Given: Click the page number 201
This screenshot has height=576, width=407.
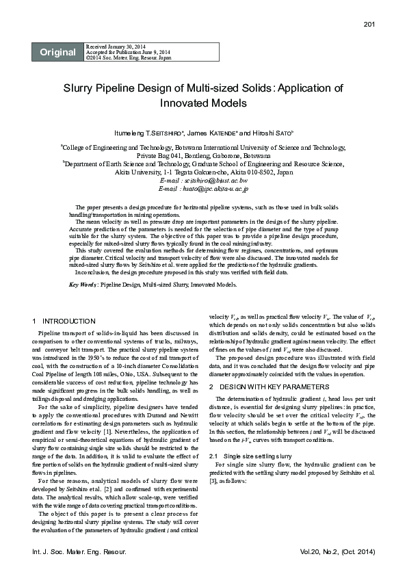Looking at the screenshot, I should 369,25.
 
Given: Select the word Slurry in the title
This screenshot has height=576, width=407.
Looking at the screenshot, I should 81,88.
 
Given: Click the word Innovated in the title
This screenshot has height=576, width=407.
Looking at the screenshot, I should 185,103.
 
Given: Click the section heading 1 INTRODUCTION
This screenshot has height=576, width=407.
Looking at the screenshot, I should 65,321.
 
